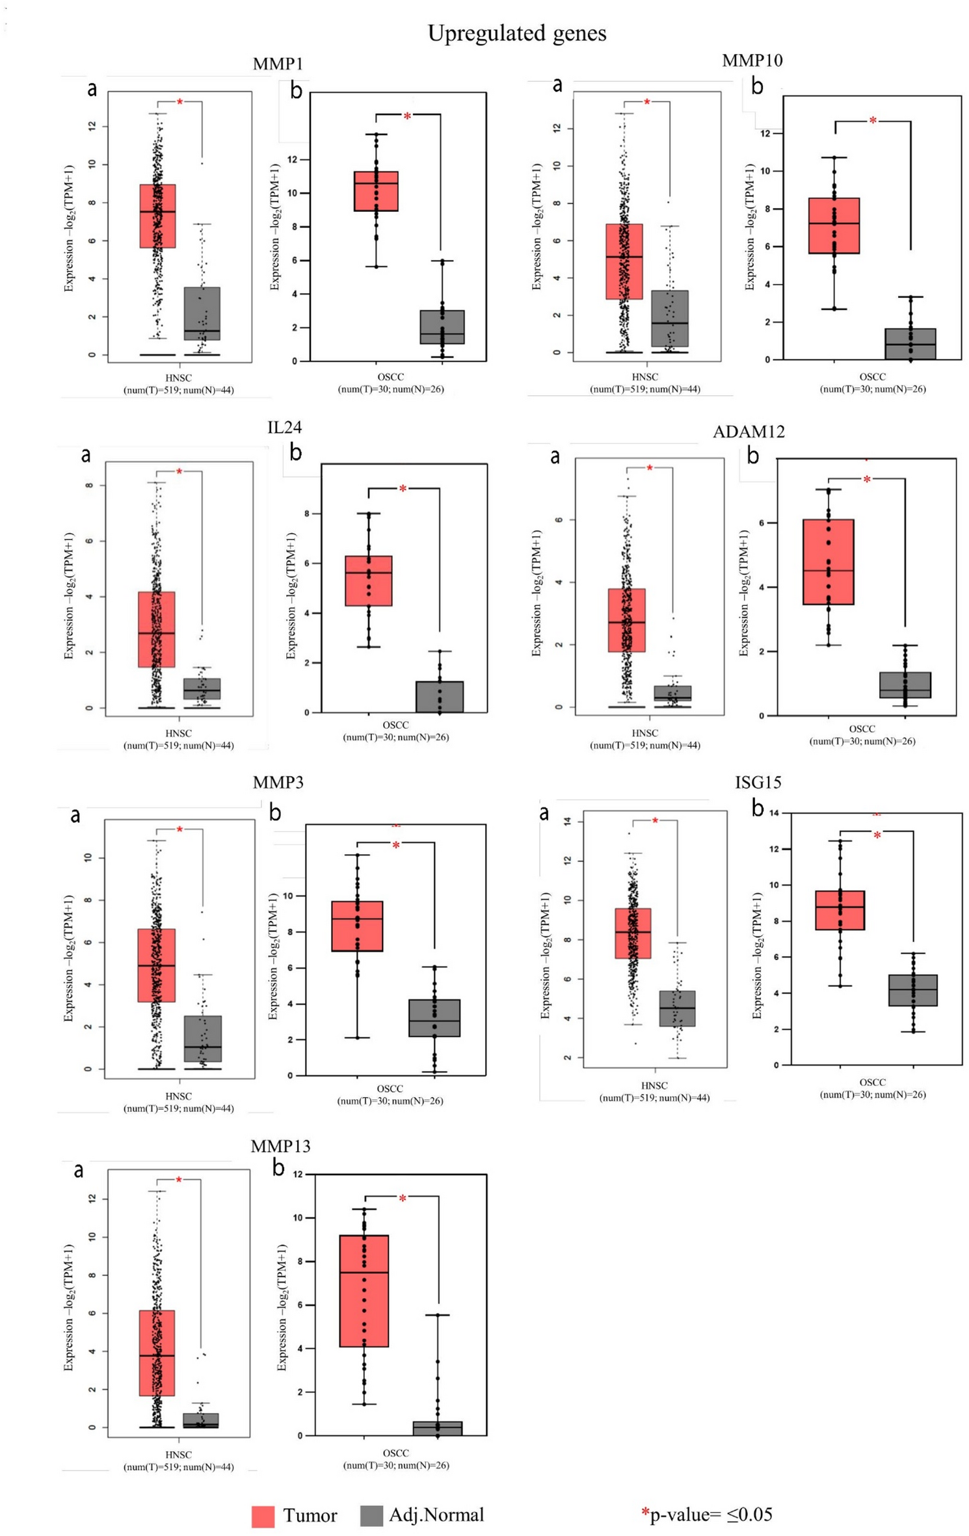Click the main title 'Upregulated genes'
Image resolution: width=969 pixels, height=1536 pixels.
(516, 33)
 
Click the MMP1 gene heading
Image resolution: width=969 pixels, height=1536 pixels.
(278, 64)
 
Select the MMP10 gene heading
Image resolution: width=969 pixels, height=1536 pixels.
(752, 60)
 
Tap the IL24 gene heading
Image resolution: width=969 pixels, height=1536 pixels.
(284, 427)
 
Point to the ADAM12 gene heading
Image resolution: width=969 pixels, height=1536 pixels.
(748, 432)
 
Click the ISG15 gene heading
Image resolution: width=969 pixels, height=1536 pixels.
(758, 782)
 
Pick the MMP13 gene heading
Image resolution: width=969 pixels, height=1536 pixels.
(280, 1146)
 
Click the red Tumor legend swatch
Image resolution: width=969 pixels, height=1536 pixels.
(263, 1516)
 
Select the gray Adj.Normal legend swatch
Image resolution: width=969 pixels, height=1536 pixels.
(371, 1516)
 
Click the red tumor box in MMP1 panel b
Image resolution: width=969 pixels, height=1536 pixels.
(376, 191)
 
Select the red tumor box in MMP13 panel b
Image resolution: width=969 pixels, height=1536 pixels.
(364, 1290)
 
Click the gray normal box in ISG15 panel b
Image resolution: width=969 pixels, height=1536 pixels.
(912, 990)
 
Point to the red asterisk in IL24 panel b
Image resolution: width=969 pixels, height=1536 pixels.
(403, 489)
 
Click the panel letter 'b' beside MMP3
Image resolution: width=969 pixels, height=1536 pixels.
(275, 813)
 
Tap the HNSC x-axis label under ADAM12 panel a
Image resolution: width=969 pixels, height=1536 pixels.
(644, 733)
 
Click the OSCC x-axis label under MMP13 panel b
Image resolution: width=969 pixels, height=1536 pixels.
(395, 1453)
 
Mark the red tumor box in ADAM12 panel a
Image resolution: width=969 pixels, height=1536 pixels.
(626, 620)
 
